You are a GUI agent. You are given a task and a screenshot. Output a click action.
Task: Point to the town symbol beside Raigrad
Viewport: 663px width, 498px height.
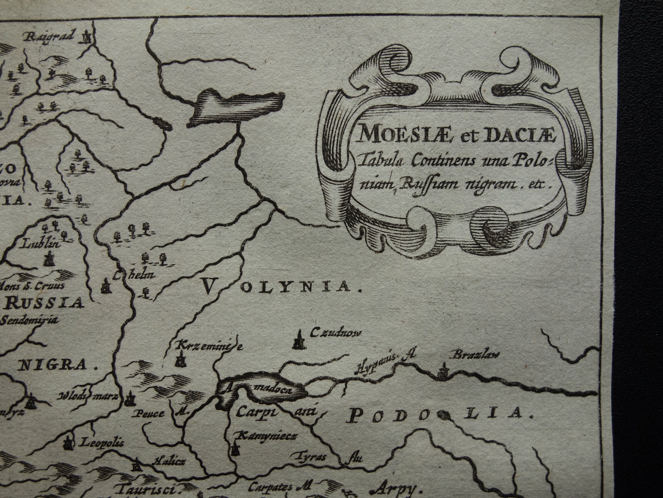coord(87,37)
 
